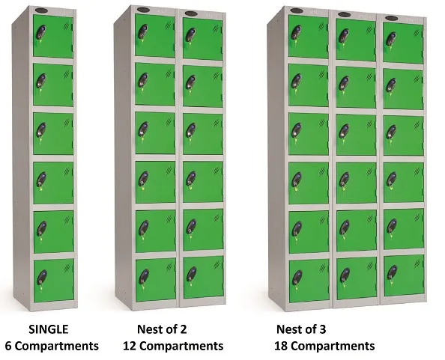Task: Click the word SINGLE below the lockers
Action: point(49,329)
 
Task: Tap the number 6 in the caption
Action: point(8,346)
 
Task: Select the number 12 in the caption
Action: point(130,346)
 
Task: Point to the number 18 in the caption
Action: point(283,346)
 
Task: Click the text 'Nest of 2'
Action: point(162,329)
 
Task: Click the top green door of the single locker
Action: point(53,37)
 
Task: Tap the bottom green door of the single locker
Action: point(53,280)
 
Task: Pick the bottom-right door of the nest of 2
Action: point(203,279)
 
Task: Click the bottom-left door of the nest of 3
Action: point(309,278)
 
